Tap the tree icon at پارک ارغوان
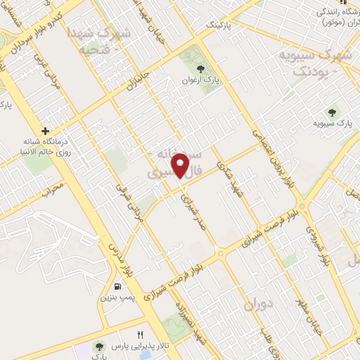(x=200, y=69)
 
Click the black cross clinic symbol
(x=46, y=131)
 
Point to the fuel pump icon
(x=117, y=287)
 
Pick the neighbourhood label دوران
(x=259, y=304)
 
